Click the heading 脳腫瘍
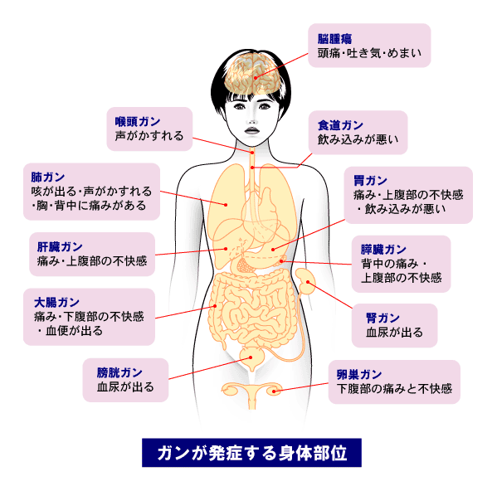(x=334, y=39)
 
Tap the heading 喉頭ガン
(x=138, y=122)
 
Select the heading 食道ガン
(x=340, y=125)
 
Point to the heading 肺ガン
(x=48, y=177)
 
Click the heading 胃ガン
(x=371, y=181)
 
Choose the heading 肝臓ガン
(x=60, y=247)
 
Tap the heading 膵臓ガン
(x=383, y=250)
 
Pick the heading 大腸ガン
(x=56, y=303)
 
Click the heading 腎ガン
(x=382, y=318)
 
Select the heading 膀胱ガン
(x=119, y=373)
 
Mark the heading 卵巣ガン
(x=359, y=375)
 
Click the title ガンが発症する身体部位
(x=252, y=453)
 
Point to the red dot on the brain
(x=256, y=78)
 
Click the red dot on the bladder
(x=251, y=357)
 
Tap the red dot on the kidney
(x=308, y=282)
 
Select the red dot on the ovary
(x=274, y=391)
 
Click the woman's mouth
(x=252, y=130)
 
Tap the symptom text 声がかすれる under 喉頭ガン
(x=149, y=136)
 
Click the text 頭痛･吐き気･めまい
(x=369, y=53)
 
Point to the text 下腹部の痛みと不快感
(x=394, y=389)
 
